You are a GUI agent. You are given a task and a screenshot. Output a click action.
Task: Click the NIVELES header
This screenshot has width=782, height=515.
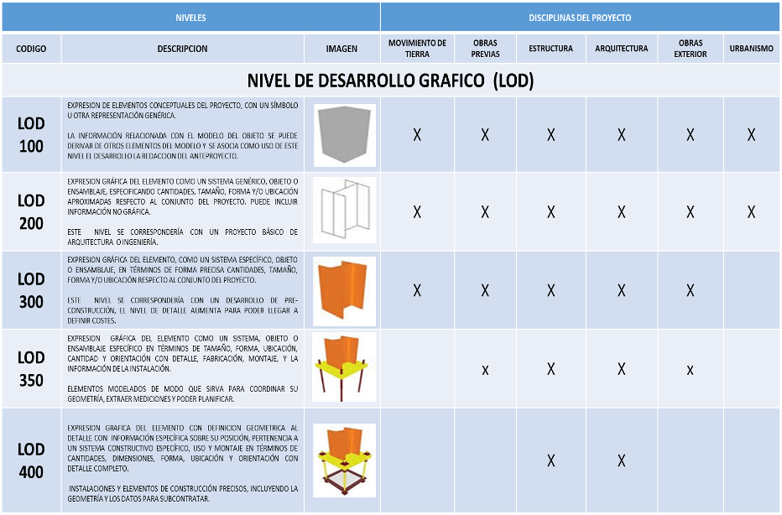[190, 17]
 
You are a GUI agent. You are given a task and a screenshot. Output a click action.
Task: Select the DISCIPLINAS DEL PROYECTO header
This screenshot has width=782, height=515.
[580, 17]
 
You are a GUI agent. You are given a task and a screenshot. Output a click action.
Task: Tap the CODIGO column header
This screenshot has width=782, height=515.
[31, 49]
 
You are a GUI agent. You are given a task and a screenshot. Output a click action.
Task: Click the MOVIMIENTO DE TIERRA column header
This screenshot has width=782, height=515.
[417, 49]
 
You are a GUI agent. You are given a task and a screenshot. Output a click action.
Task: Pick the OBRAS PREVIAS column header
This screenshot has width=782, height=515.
[485, 49]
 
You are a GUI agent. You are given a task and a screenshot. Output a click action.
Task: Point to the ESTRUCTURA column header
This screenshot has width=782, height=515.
[550, 49]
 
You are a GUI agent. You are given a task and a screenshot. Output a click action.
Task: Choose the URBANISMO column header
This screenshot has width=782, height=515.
[751, 49]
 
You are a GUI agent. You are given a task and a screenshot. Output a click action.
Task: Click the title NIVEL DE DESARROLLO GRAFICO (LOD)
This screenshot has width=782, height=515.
[390, 81]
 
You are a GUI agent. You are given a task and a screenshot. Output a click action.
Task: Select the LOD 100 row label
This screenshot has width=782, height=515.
[31, 134]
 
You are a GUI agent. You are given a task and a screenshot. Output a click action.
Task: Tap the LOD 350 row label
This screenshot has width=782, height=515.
[31, 369]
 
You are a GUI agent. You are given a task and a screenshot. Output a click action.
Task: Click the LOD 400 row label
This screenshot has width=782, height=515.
[31, 460]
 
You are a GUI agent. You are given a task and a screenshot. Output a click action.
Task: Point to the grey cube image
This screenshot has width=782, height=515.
[345, 135]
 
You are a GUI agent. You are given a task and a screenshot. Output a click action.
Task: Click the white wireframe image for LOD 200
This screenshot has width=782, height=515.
[345, 211]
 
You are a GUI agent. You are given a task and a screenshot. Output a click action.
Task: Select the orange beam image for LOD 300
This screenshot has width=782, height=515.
[345, 289]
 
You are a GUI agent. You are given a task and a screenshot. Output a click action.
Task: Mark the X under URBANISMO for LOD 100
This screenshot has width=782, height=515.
[752, 135]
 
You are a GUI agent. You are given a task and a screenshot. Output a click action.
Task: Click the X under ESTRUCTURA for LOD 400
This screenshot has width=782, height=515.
[550, 460]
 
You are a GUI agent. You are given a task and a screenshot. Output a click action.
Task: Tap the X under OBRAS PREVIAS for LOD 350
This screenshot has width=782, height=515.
[485, 370]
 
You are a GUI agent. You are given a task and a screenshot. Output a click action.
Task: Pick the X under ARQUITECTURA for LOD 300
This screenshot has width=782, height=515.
[622, 291]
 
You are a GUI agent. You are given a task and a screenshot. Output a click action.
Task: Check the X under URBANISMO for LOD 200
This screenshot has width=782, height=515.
[752, 212]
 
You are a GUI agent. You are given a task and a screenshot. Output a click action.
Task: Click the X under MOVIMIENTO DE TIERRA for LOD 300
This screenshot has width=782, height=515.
[417, 291]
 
